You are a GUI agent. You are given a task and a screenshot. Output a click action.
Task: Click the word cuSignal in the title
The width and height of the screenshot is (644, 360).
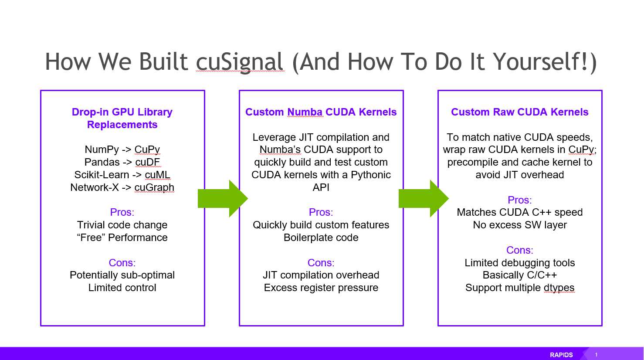tap(240, 62)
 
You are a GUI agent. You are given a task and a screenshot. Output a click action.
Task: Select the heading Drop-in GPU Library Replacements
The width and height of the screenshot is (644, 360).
tap(122, 118)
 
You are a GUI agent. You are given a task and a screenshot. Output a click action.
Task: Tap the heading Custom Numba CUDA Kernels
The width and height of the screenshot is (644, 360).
tap(321, 112)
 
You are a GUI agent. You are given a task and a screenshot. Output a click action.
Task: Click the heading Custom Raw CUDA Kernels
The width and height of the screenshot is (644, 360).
tap(519, 112)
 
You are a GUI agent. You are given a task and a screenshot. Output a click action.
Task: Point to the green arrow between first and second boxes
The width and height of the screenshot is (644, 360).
tap(222, 199)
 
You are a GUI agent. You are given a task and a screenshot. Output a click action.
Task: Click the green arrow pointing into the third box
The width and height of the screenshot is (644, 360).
tap(423, 199)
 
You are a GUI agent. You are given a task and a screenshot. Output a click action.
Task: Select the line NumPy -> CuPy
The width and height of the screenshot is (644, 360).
tap(122, 149)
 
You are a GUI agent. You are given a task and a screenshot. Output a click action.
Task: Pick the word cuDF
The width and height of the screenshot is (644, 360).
tap(147, 162)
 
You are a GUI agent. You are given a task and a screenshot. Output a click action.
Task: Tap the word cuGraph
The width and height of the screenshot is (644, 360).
tap(154, 187)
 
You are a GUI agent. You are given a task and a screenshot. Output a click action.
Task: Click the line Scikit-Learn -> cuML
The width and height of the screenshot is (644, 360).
tap(122, 175)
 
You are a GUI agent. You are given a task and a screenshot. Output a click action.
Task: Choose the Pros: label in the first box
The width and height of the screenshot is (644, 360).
tap(122, 212)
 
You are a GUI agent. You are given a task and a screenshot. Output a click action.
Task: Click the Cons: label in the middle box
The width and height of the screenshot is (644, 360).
tap(321, 263)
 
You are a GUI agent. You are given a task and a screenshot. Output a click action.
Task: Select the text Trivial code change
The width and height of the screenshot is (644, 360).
tap(122, 225)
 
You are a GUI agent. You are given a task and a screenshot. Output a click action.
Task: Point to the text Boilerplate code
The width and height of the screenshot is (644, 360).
tap(321, 238)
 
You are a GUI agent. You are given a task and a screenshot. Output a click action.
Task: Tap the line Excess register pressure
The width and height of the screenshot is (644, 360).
tap(321, 288)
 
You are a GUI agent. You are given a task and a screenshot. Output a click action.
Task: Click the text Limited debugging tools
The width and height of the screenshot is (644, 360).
tap(519, 263)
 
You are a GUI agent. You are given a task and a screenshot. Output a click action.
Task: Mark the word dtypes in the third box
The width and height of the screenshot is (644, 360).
tap(559, 288)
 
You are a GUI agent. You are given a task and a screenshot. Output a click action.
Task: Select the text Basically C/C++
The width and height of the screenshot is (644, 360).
tap(519, 275)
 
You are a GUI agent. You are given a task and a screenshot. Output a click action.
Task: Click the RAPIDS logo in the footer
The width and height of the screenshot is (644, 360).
tap(561, 355)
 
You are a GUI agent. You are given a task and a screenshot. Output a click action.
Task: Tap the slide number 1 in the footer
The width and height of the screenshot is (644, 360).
tap(596, 355)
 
